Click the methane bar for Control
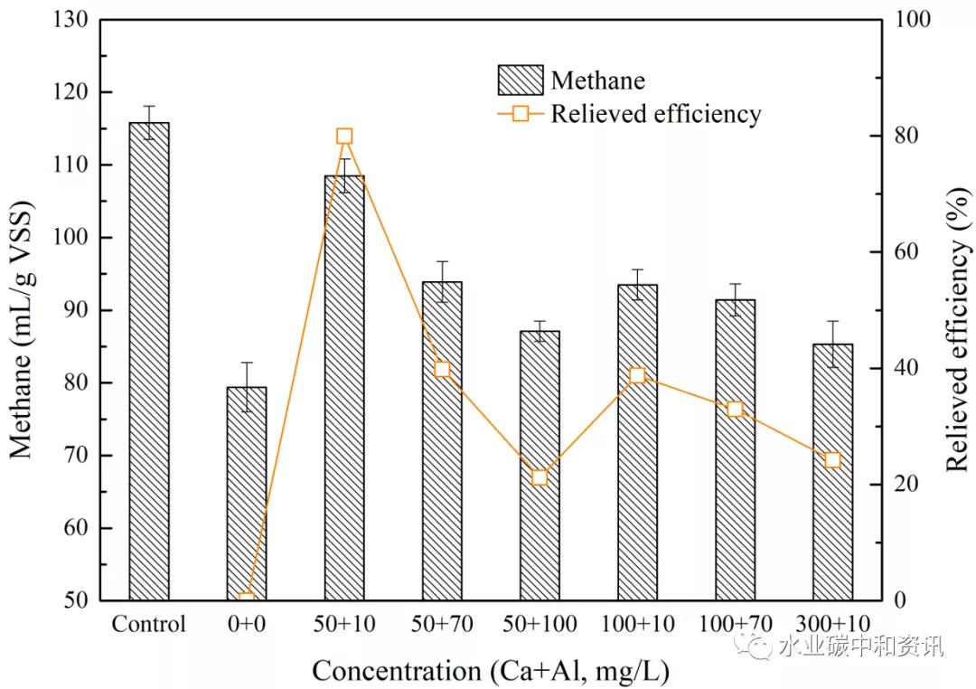coord(149,362)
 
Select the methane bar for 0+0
coord(247,493)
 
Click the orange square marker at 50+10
coord(344,137)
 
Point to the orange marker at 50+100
coord(540,477)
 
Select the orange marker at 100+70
coord(735,410)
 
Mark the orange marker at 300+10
coord(832,460)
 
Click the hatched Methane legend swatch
coord(521,80)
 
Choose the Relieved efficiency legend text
coord(656,114)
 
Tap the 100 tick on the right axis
coord(906,19)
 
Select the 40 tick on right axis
coord(902,368)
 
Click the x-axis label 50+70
coord(442,625)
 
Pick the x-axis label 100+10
coord(637,625)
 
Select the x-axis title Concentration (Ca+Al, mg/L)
coord(493,670)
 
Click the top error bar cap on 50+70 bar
coord(442,261)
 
